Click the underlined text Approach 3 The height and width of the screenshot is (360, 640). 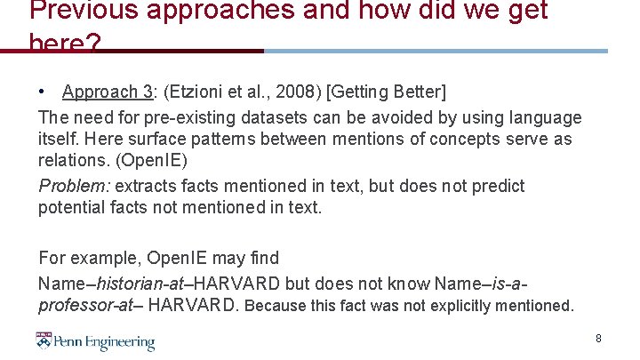coord(107,92)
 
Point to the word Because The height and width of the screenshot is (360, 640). coord(277,307)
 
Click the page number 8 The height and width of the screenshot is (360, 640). coord(598,339)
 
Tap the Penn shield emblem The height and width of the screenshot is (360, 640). coord(44,340)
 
